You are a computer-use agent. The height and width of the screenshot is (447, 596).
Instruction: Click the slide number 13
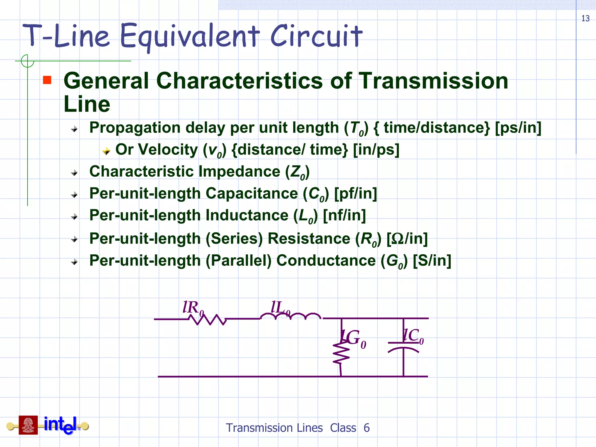tap(585, 18)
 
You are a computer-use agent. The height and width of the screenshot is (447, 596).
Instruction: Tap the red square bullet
tap(47, 80)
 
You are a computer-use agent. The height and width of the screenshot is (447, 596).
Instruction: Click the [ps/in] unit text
tap(518, 128)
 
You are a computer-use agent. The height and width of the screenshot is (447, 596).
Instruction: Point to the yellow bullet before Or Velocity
tap(106, 151)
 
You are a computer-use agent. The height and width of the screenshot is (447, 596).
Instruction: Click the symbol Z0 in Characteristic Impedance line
tap(297, 172)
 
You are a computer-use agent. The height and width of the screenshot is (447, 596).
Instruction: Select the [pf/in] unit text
tap(355, 194)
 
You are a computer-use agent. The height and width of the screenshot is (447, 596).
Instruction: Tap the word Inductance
tap(247, 216)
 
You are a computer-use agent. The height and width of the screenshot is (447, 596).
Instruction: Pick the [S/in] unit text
tap(432, 261)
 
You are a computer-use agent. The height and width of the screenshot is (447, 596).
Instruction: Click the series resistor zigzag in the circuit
tap(207, 320)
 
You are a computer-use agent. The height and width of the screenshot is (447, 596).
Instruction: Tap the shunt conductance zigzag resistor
tap(341, 353)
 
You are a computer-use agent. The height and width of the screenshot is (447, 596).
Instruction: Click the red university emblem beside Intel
tap(28, 425)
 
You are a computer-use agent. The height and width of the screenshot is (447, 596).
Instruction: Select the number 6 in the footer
tap(366, 428)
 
